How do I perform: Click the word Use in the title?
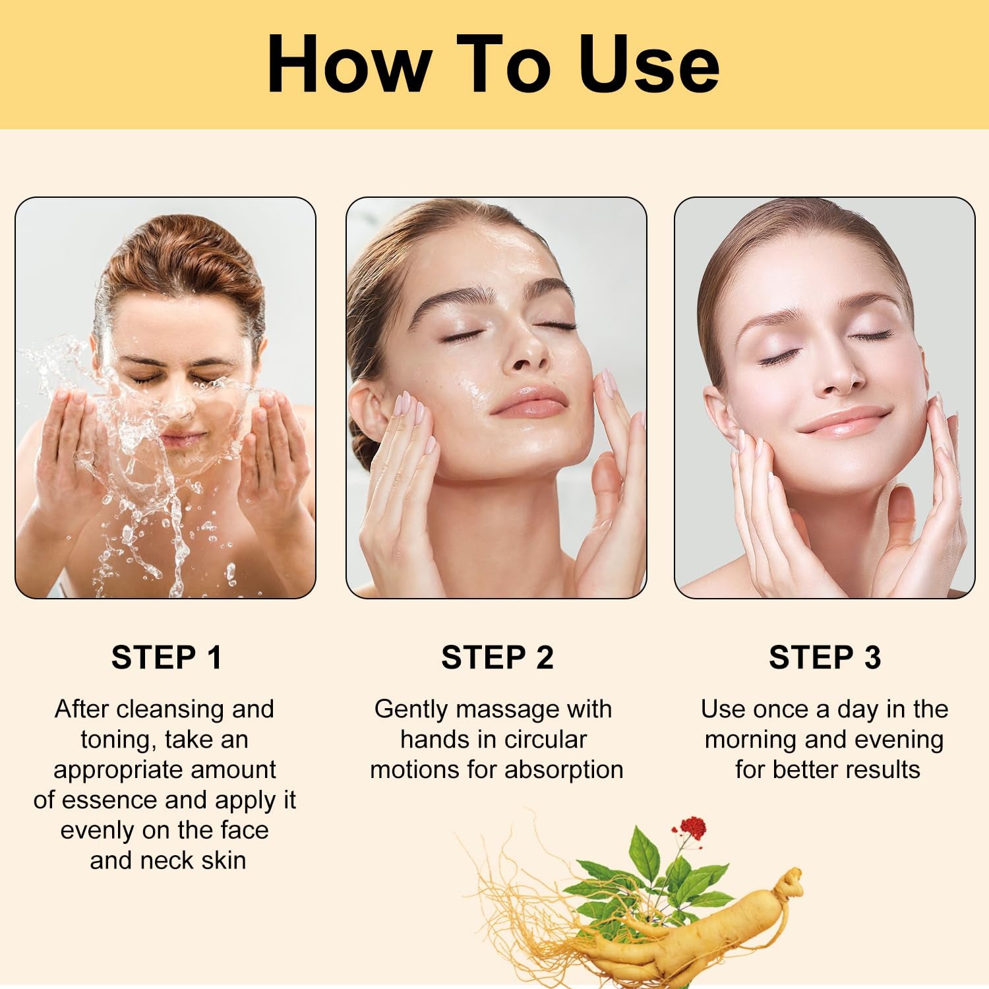[649, 65]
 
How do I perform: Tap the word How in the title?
[349, 65]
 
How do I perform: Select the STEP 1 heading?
[166, 657]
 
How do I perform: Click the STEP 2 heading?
[497, 657]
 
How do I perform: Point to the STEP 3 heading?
[825, 657]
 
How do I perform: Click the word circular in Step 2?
[545, 740]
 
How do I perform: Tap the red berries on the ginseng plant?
[691, 826]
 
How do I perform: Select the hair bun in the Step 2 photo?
[365, 448]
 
